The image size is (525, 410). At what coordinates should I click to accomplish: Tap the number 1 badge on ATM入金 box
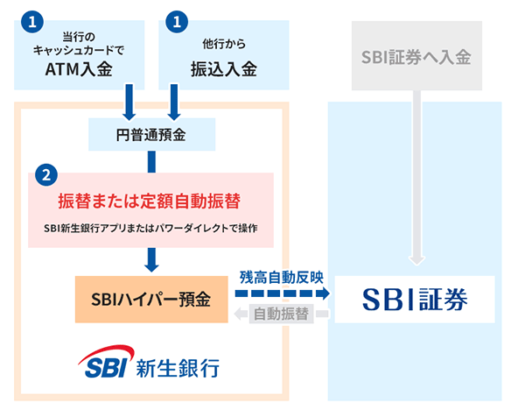32,19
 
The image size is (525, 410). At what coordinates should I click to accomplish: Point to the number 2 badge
45,173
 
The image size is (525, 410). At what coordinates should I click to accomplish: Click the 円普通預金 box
151,135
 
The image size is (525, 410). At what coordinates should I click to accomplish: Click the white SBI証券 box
415,300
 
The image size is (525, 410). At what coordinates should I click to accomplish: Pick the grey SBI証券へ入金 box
416,58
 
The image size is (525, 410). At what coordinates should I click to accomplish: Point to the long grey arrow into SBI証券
416,175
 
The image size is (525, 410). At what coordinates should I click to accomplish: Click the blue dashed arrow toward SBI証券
282,295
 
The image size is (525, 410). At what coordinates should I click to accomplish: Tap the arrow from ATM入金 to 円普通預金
129,102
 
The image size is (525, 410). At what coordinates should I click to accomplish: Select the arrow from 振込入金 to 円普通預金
173,102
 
